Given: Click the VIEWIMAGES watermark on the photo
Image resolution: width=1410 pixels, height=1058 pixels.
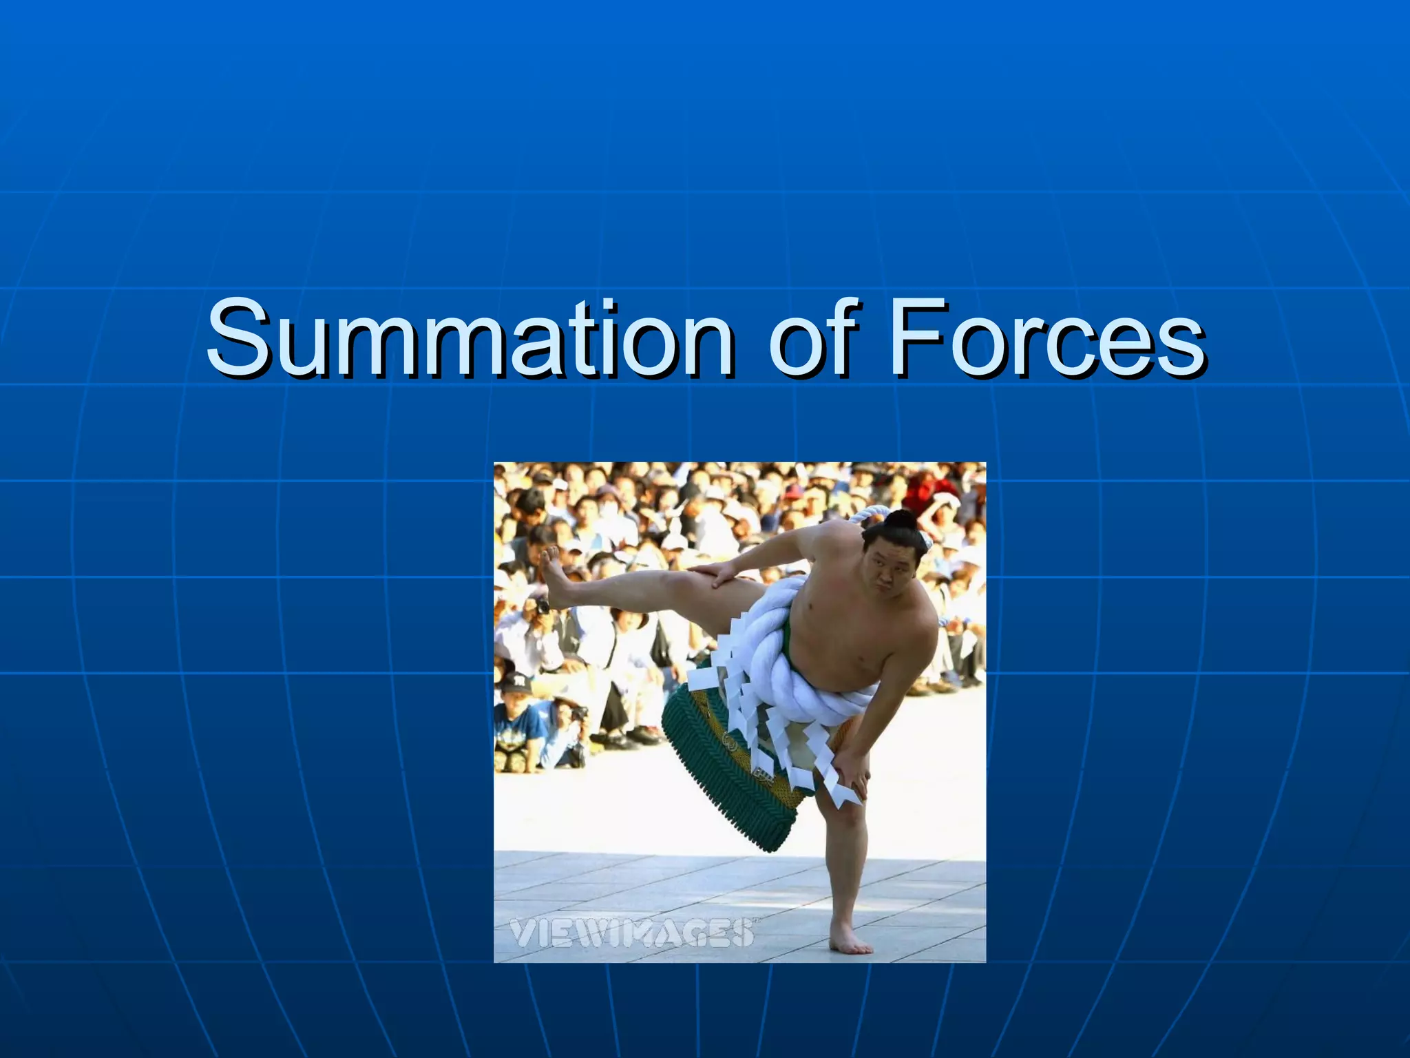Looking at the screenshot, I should coord(631,933).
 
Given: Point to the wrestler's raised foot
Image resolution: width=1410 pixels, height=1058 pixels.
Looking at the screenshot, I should coord(555,576).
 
